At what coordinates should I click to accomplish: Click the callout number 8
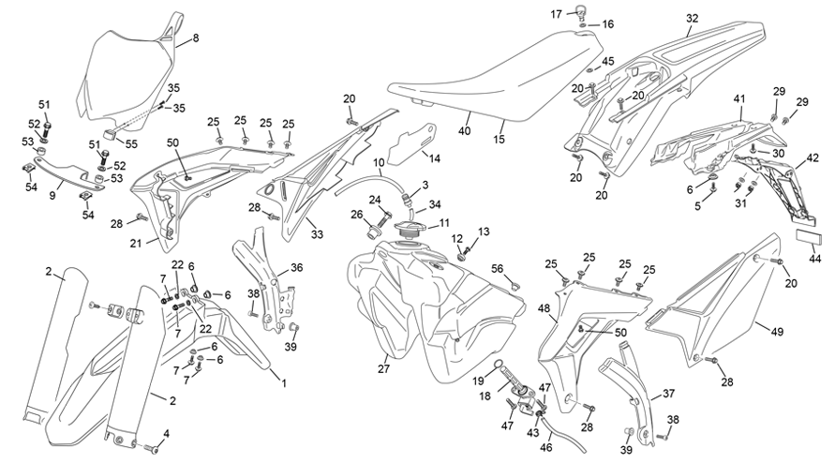(196, 38)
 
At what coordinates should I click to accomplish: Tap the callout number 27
(384, 368)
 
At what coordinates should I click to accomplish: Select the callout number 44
(814, 259)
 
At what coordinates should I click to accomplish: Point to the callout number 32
(692, 18)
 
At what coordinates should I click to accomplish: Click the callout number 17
(557, 14)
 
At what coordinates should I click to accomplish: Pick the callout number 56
(498, 268)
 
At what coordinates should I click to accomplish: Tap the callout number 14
(435, 158)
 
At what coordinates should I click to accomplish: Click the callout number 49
(777, 332)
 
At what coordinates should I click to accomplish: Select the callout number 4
(166, 434)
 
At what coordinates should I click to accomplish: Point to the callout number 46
(545, 448)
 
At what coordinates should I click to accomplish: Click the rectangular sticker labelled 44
(809, 236)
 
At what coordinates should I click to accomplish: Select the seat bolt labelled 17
(583, 9)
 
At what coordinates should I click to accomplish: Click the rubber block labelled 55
(111, 134)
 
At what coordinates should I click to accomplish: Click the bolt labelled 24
(385, 217)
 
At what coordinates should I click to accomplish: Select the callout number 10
(379, 162)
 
